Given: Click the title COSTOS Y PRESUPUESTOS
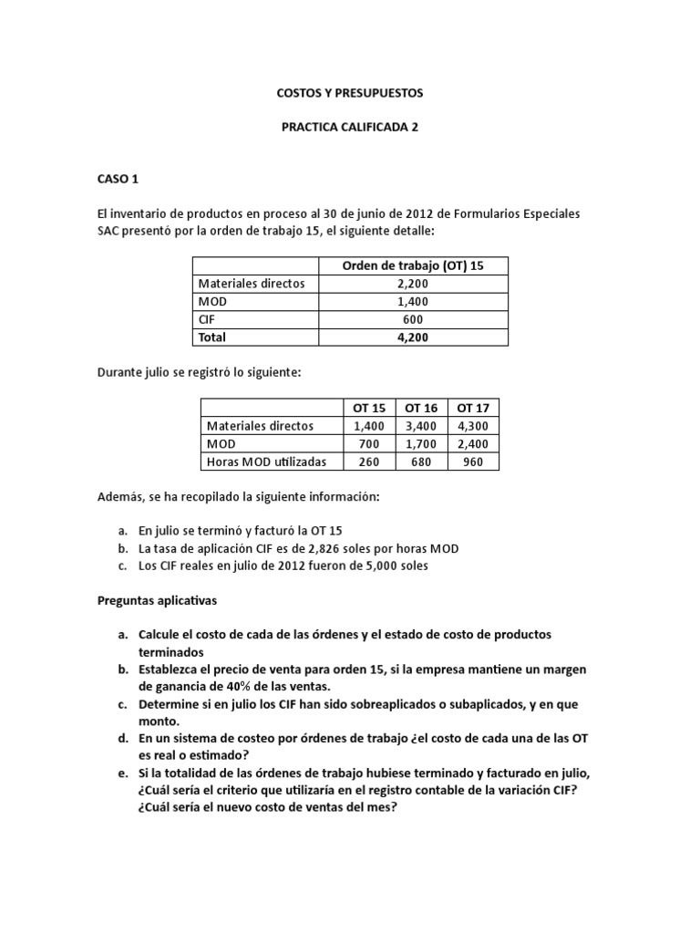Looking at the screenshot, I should tap(350, 93).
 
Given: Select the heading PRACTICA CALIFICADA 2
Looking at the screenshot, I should tap(350, 128).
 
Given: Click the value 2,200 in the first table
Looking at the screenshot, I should tap(413, 284).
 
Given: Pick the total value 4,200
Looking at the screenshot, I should tap(413, 337).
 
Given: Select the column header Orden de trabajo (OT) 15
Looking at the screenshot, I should tap(413, 265).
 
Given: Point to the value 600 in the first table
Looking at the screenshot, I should tap(413, 319).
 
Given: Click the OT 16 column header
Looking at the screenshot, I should tap(425, 408).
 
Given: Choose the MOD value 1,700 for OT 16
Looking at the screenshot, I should tap(425, 444).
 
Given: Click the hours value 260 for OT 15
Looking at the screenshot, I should tap(370, 462).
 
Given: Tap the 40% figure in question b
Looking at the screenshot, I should tap(228, 687).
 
